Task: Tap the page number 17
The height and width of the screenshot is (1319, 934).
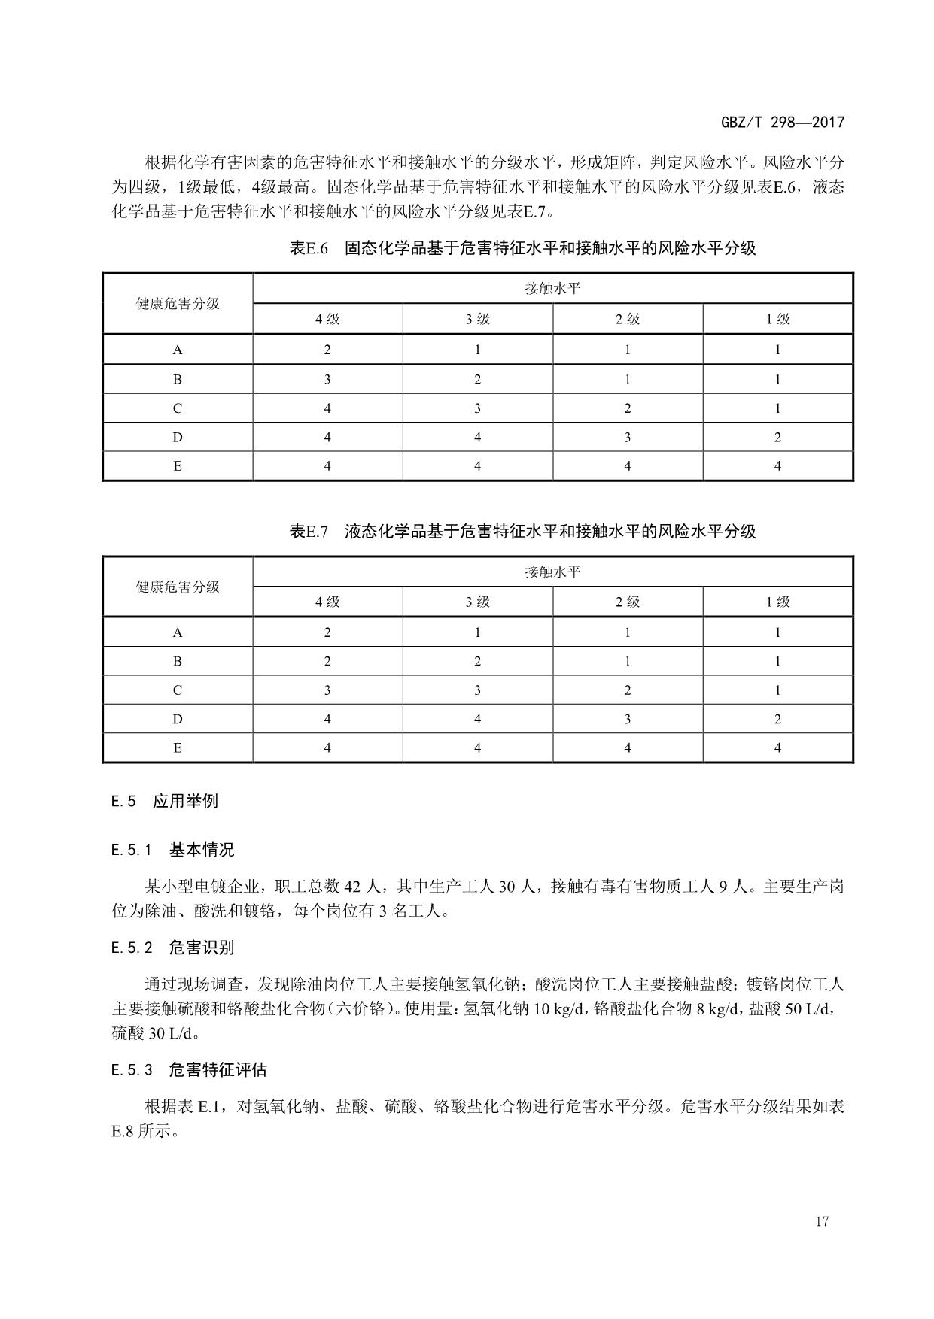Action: pyautogui.click(x=821, y=1220)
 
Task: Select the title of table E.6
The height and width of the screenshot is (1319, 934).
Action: pyautogui.click(x=522, y=248)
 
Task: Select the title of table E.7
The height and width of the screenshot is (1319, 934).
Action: pyautogui.click(x=522, y=532)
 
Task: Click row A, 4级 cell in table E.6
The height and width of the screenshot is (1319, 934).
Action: pyautogui.click(x=327, y=350)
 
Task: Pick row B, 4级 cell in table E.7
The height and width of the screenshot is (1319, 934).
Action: pyautogui.click(x=327, y=662)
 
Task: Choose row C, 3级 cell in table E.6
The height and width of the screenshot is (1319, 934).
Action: pyautogui.click(x=477, y=408)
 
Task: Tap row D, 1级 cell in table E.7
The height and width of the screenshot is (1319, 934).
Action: pyautogui.click(x=777, y=719)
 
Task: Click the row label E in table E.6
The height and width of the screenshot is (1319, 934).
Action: pyautogui.click(x=178, y=466)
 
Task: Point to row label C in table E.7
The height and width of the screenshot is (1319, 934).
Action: pyautogui.click(x=178, y=690)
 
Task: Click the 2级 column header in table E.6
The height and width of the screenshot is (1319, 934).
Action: pyautogui.click(x=628, y=319)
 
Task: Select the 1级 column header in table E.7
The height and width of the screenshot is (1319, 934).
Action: pyautogui.click(x=777, y=602)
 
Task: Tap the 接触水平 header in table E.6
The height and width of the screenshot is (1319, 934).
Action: pyautogui.click(x=552, y=289)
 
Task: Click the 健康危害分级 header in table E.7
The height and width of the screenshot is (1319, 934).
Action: pyautogui.click(x=178, y=587)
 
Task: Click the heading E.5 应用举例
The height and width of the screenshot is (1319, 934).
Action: pyautogui.click(x=165, y=801)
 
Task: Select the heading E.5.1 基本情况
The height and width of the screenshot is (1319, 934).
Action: pyautogui.click(x=173, y=850)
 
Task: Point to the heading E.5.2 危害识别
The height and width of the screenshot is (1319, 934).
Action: pyautogui.click(x=173, y=948)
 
